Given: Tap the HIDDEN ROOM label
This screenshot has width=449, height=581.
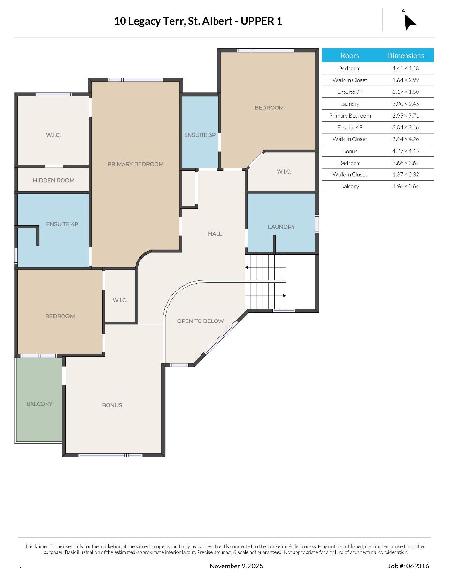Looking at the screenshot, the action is (x=53, y=180).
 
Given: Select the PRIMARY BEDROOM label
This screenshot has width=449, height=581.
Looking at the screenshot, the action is (x=135, y=164).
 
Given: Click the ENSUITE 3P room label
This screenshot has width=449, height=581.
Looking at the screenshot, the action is (x=200, y=135).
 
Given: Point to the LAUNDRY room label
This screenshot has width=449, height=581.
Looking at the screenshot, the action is (x=281, y=227).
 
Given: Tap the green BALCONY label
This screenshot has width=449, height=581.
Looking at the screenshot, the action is (x=39, y=404).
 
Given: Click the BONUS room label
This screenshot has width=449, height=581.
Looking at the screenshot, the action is (x=112, y=405).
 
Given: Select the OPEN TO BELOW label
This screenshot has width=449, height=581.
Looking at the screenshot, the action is (x=201, y=321).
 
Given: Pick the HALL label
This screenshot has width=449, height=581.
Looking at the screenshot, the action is (x=215, y=234).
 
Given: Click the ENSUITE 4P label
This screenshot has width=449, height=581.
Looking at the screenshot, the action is (x=62, y=224).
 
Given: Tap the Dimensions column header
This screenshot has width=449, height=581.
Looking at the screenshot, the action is (x=406, y=56).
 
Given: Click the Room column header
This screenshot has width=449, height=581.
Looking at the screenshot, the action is (x=350, y=56).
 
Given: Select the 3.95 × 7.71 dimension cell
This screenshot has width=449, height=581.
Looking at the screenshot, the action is (x=406, y=116).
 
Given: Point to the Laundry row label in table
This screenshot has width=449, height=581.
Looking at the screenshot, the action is (x=350, y=104).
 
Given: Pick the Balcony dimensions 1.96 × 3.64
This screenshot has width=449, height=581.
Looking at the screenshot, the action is (x=406, y=186).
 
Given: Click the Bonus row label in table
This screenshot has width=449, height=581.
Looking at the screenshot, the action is (x=350, y=151).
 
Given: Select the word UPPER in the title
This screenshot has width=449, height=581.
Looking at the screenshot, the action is (x=257, y=21).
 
